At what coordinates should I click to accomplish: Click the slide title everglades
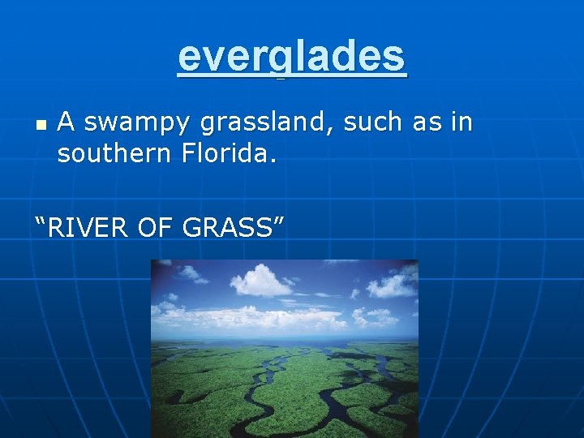pyautogui.click(x=292, y=57)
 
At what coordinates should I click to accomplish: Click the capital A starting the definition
pyautogui.click(x=67, y=122)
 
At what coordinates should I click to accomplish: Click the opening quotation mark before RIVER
pyautogui.click(x=40, y=221)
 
